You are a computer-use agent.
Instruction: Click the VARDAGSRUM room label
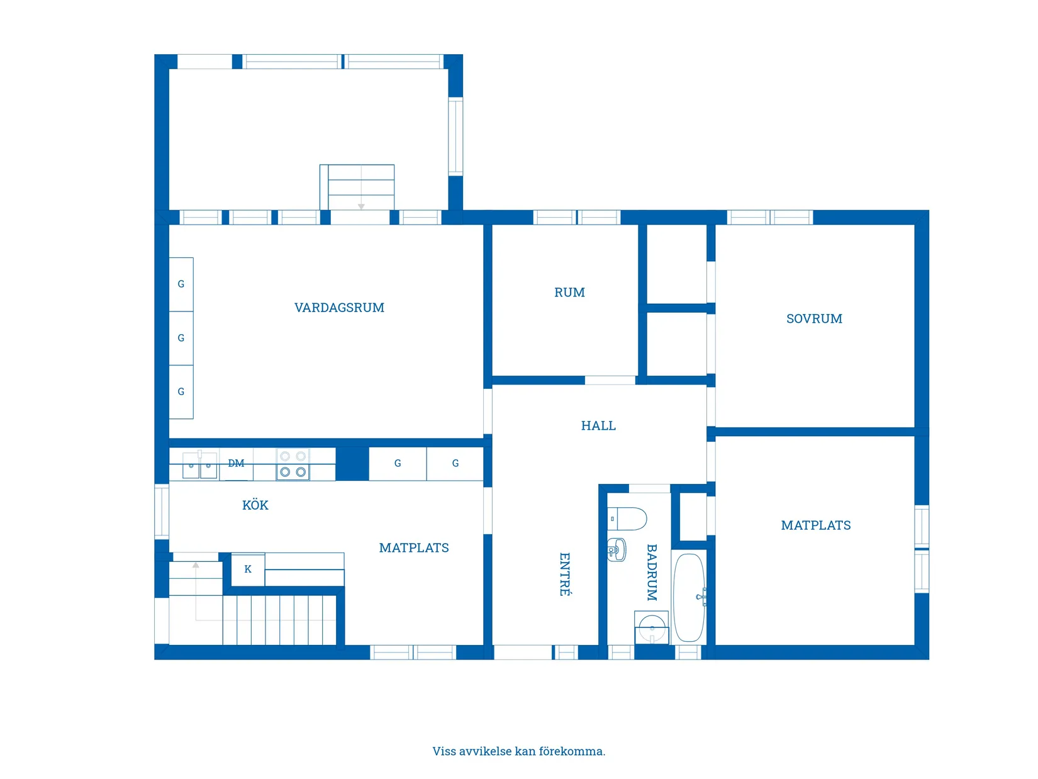339,308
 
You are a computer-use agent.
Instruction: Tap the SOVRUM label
814,319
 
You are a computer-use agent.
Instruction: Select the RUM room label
569,293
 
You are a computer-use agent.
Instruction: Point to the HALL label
598,426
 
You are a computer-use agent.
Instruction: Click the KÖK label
255,505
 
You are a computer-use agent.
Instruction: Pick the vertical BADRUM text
652,573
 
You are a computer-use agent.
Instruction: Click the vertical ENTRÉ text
565,574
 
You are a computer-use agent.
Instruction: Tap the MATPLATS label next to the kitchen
414,548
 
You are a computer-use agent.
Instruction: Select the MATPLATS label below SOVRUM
816,525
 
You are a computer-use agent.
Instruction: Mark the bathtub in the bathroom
689,598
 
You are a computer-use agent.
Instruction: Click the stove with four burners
293,465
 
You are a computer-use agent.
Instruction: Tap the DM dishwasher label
236,464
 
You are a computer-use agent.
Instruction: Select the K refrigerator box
248,569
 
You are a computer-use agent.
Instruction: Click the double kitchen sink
199,466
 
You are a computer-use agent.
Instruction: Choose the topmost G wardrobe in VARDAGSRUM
181,284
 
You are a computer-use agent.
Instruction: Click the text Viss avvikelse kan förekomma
518,751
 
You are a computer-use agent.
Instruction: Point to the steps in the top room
361,187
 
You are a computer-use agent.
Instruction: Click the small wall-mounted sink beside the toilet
617,550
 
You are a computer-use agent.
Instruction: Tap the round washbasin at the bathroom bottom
651,627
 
